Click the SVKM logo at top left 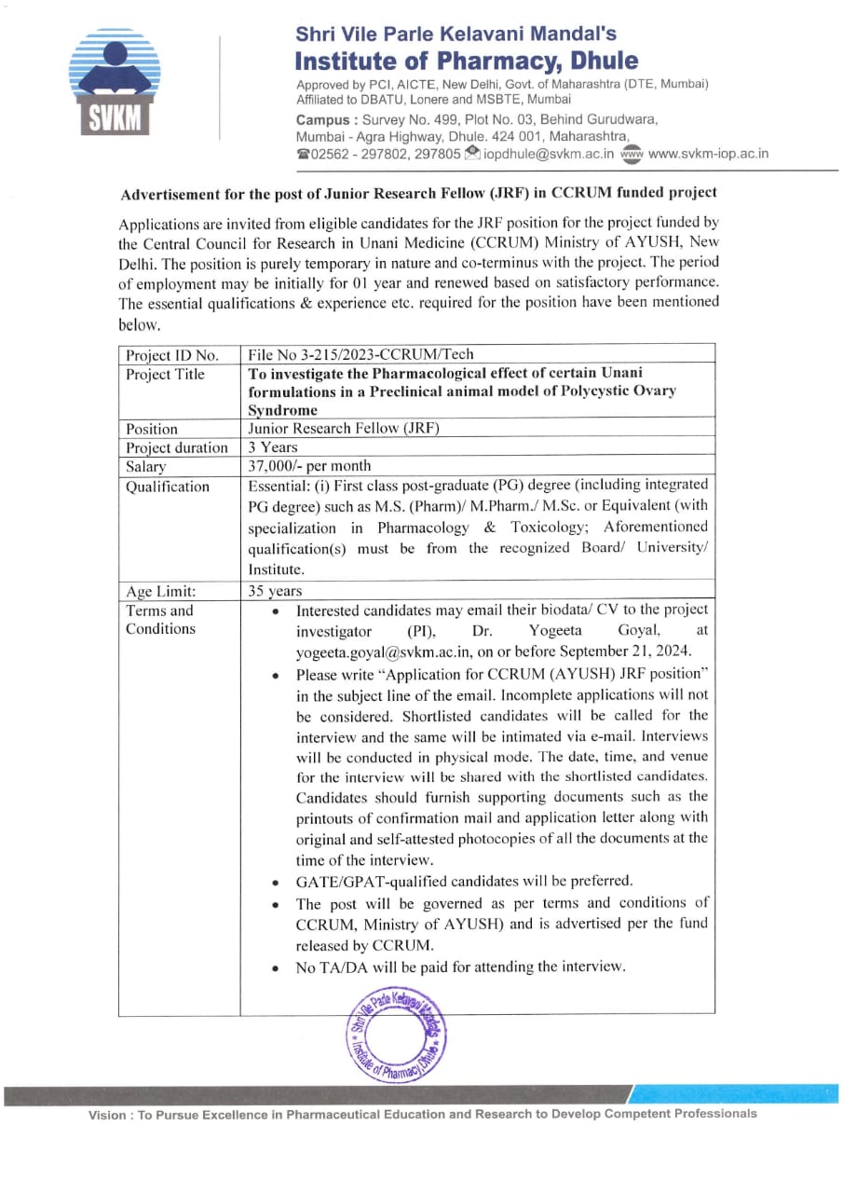pos(114,84)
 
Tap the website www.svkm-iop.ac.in pos(708,154)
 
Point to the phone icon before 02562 pos(303,154)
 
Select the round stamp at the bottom pos(396,1035)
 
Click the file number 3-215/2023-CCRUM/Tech pos(360,354)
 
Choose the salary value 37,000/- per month pos(309,466)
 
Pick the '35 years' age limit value pos(275,591)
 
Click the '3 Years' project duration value pos(273,447)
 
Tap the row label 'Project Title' pos(165,374)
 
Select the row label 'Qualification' pos(168,487)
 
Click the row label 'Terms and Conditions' pos(160,620)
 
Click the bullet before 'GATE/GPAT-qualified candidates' pos(275,882)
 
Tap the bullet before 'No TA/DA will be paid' pos(275,968)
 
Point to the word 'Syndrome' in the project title pos(282,410)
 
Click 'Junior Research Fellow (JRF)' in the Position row pos(343,429)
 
